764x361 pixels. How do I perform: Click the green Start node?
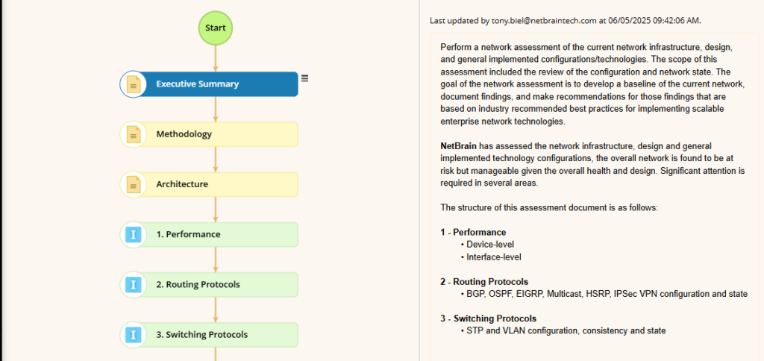point(216,28)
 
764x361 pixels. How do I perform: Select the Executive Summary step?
point(209,84)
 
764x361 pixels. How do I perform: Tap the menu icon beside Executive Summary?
point(304,78)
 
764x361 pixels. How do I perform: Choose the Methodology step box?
point(209,134)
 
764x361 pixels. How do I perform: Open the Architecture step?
point(209,184)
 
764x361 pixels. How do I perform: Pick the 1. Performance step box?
point(209,234)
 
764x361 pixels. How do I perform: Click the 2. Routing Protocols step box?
point(209,284)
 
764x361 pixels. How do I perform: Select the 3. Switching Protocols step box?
point(209,335)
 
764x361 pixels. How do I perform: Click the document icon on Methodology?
point(134,134)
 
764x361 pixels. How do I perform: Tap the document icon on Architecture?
point(134,185)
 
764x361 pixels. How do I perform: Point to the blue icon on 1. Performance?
point(134,234)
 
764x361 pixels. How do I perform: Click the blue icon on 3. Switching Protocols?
point(134,335)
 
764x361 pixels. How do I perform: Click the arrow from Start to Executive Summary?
point(216,58)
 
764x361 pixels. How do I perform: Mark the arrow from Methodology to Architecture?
point(216,160)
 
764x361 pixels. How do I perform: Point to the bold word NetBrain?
point(458,145)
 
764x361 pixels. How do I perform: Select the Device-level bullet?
point(487,245)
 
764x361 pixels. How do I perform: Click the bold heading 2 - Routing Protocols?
point(484,282)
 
